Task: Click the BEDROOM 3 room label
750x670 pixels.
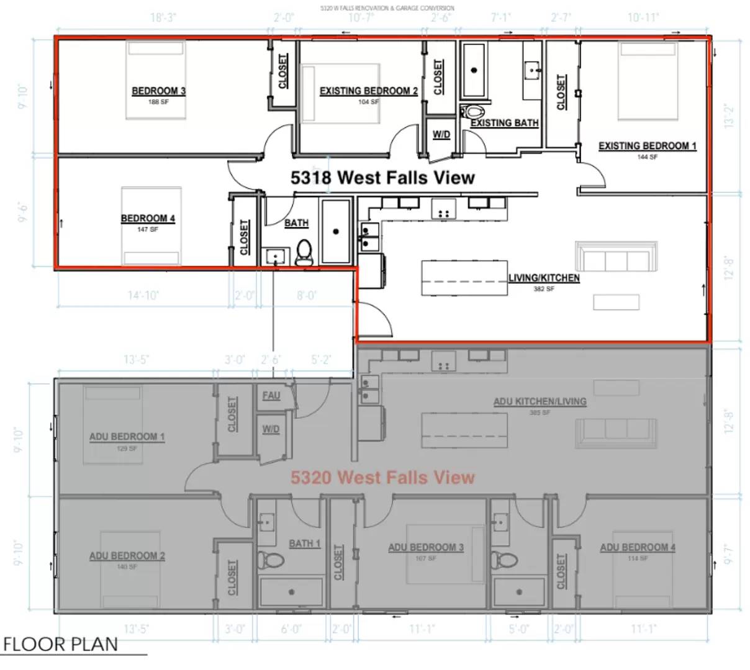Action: (158, 91)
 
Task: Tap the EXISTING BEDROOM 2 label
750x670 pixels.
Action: (368, 91)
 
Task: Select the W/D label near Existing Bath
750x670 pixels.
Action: (441, 135)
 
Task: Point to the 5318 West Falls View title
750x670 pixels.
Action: (382, 178)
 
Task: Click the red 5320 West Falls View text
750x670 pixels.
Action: (382, 477)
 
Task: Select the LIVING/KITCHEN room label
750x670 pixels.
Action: (544, 278)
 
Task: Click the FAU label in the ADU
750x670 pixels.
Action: (271, 395)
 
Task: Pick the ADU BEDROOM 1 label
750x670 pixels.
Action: (127, 437)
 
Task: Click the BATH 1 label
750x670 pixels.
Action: (304, 543)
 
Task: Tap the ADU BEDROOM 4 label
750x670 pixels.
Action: (637, 547)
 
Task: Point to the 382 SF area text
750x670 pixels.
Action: (544, 289)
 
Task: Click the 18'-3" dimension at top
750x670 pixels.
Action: (163, 18)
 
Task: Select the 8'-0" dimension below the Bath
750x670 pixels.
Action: (306, 295)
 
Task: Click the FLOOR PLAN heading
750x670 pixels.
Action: (60, 645)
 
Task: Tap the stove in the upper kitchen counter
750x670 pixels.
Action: (444, 209)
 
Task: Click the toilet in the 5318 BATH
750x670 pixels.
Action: (304, 253)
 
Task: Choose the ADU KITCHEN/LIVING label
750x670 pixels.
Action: (540, 401)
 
